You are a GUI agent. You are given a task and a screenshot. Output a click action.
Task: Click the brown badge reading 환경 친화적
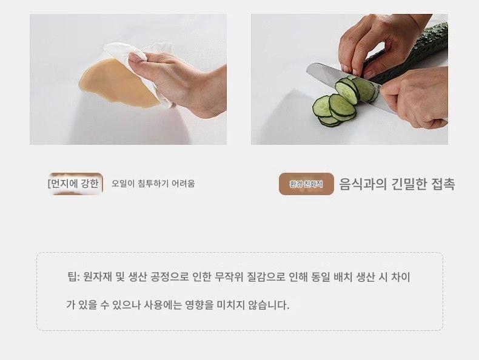pos(306,184)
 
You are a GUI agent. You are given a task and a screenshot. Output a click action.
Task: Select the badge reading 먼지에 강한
pos(75,184)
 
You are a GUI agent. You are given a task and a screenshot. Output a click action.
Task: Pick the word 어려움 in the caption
pos(183,184)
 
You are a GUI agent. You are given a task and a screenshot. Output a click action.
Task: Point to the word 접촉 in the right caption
pos(443,184)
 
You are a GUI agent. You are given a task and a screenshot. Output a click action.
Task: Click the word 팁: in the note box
pos(73,277)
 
